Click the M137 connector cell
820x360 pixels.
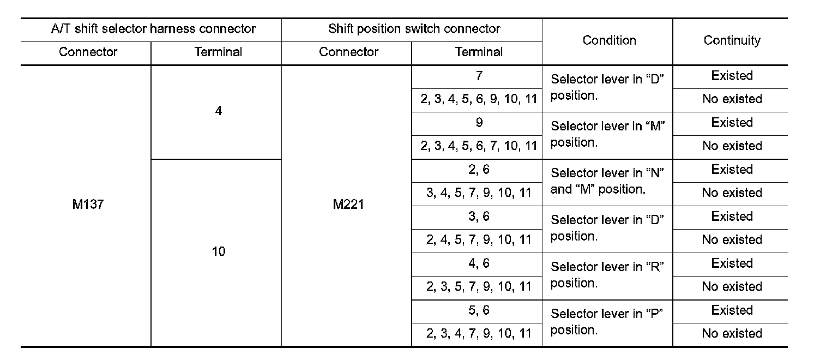pyautogui.click(x=88, y=205)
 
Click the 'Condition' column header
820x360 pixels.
pyautogui.click(x=609, y=40)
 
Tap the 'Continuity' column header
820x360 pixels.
pyautogui.click(x=732, y=40)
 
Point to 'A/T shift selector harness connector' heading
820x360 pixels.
pyautogui.click(x=153, y=29)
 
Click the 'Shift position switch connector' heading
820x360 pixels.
pyautogui.click(x=414, y=29)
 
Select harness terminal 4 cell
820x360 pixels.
pyautogui.click(x=218, y=111)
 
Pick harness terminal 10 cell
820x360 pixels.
pyautogui.click(x=218, y=252)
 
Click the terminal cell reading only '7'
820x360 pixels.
pyautogui.click(x=478, y=76)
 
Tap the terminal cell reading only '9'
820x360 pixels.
pyautogui.click(x=478, y=123)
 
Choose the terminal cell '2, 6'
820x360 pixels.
pyautogui.click(x=478, y=170)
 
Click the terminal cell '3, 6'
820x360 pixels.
pyautogui.click(x=478, y=217)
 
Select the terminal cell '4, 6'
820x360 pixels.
pyautogui.click(x=478, y=263)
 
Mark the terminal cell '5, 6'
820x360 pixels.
pyautogui.click(x=478, y=310)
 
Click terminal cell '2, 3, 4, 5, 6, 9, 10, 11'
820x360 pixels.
pyautogui.click(x=478, y=99)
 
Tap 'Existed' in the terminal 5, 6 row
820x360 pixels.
pyautogui.click(x=732, y=310)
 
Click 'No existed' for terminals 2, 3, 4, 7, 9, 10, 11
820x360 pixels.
pyautogui.click(x=732, y=334)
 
